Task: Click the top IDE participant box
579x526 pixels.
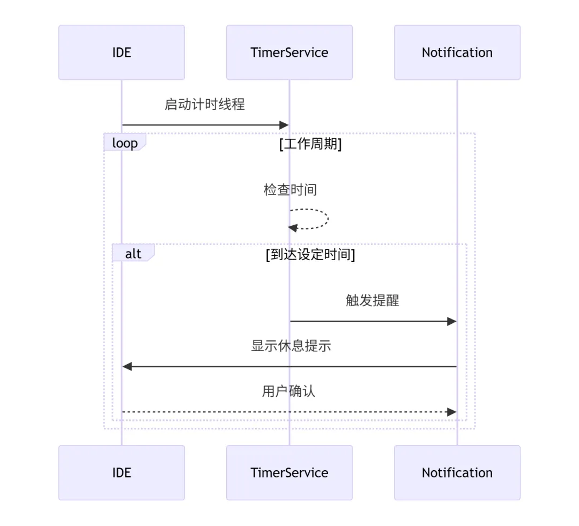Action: point(122,53)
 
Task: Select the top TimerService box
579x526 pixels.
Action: point(289,53)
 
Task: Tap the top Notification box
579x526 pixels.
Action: point(457,53)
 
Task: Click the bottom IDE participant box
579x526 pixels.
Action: point(122,473)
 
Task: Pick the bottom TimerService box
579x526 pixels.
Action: point(289,473)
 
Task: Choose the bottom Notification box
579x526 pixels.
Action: point(457,473)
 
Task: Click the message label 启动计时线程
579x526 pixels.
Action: point(205,104)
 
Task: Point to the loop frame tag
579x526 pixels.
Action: point(125,142)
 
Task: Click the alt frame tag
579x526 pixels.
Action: point(133,253)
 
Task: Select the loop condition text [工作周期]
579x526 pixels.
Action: point(310,144)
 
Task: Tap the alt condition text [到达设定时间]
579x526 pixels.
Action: point(310,255)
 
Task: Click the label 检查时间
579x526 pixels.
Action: point(290,189)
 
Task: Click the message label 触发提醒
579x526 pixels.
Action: point(373,300)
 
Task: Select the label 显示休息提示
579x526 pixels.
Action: point(291,346)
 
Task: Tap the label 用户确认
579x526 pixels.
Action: point(289,391)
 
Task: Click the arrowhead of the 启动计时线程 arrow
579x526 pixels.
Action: point(284,125)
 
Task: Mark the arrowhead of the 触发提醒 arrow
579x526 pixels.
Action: point(452,321)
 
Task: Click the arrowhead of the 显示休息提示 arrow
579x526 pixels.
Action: point(127,366)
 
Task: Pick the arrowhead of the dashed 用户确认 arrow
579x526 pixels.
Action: point(452,412)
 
